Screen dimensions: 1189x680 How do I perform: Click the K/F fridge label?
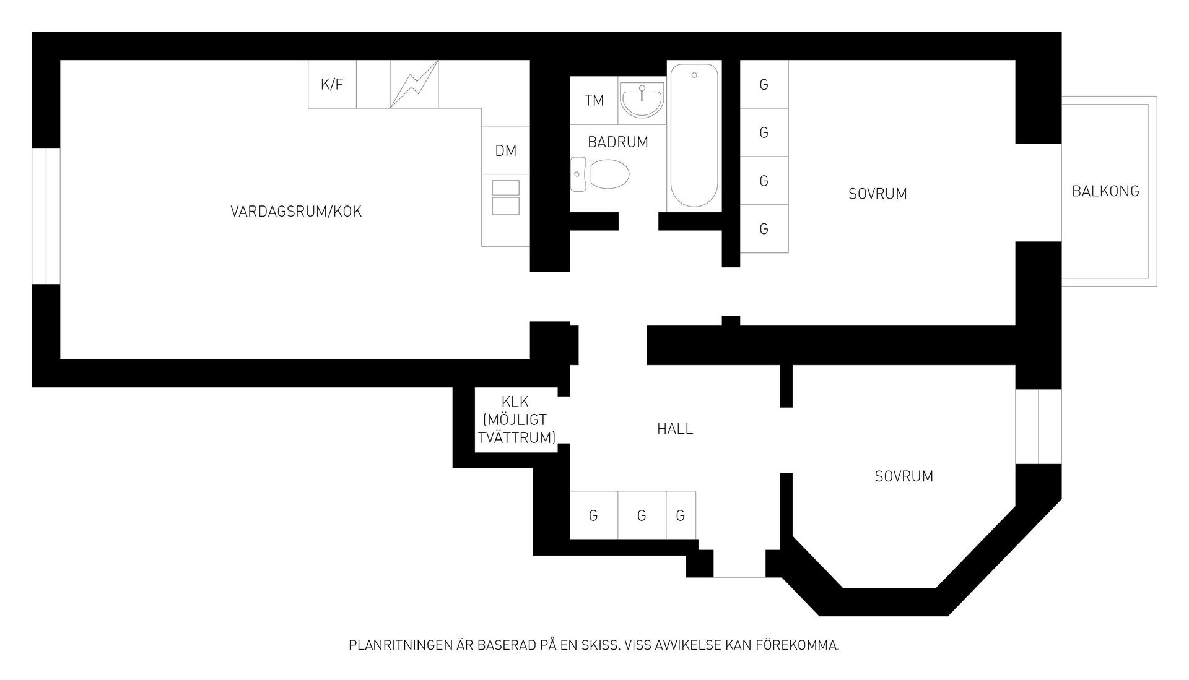coord(332,85)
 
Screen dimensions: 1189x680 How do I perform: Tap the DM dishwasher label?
coord(506,150)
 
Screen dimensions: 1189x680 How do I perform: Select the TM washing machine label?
coord(594,100)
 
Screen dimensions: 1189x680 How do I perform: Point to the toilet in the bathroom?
coord(599,173)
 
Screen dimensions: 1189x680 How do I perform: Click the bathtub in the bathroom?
coord(694,136)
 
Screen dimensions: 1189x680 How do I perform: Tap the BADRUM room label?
coord(618,142)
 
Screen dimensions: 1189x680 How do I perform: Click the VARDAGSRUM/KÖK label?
coord(296,212)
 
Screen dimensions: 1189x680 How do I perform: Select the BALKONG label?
coord(1105,191)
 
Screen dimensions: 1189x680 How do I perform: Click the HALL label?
coord(675,429)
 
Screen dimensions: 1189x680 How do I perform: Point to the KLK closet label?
coord(515,403)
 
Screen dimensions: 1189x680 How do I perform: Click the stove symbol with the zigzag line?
coord(414,84)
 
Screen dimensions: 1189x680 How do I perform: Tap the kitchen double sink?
coord(505,197)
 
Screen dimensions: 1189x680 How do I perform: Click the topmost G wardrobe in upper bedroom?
coord(764,84)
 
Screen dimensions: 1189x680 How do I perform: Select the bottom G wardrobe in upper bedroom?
coord(764,229)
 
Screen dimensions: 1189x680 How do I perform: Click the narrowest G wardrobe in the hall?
coord(681,515)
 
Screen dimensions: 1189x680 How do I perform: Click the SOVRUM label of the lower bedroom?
coord(904,476)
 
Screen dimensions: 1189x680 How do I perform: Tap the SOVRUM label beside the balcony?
coord(878,194)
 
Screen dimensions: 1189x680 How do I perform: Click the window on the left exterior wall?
coord(46,217)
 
